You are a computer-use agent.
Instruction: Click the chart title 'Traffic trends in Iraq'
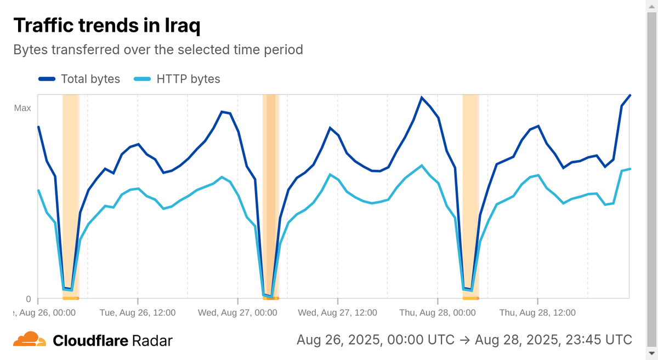[106, 25]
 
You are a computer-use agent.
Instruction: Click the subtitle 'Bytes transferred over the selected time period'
[158, 49]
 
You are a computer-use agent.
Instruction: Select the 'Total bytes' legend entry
[80, 79]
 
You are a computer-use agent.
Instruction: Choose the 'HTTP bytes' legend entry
[177, 79]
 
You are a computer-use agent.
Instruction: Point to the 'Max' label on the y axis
[22, 108]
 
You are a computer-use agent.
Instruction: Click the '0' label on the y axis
[29, 299]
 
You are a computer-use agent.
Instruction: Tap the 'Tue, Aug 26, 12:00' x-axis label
[138, 312]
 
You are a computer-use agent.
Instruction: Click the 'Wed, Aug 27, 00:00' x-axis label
[237, 312]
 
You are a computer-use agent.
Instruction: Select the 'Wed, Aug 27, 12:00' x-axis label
[338, 312]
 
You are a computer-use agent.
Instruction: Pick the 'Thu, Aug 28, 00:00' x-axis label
[438, 312]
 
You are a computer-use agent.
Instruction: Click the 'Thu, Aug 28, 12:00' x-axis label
[537, 312]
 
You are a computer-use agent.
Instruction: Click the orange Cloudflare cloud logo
[30, 340]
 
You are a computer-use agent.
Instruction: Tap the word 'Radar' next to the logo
[152, 341]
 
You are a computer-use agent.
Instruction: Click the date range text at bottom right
[464, 340]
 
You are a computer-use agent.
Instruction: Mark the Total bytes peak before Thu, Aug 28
[421, 98]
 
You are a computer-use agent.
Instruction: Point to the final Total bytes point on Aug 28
[630, 95]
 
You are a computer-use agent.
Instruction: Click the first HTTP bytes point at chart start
[38, 190]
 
